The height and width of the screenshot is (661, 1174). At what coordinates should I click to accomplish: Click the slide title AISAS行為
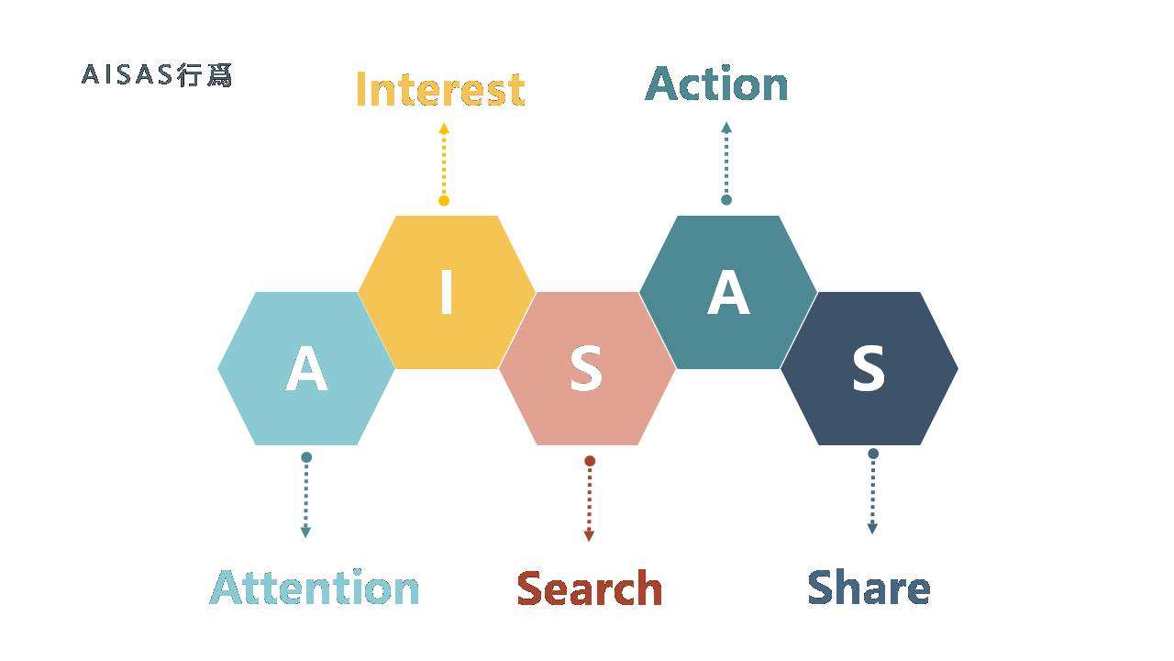[157, 75]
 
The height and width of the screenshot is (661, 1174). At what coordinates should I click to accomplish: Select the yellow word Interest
[440, 89]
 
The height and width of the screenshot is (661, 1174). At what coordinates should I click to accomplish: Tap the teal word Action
[716, 84]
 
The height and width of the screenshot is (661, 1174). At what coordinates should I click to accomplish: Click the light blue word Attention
[314, 587]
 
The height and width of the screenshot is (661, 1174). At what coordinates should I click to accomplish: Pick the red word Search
[590, 588]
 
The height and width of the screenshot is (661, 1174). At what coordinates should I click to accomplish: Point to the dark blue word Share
[869, 587]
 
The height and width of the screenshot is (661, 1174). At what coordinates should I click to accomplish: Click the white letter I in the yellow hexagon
[447, 292]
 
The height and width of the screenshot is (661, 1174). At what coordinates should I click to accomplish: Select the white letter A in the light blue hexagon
[306, 368]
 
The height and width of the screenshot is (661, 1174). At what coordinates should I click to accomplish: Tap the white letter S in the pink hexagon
[586, 368]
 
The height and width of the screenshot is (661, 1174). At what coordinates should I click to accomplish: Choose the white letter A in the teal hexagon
[728, 292]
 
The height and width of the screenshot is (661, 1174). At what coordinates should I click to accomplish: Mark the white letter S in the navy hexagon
[869, 368]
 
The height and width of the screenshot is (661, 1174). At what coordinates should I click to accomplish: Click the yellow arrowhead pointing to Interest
[444, 128]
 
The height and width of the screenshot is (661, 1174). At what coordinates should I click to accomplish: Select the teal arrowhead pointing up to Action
[726, 128]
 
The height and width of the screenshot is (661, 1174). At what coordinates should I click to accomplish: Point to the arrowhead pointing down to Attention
[305, 532]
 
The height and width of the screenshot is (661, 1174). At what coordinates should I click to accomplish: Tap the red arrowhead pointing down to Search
[589, 536]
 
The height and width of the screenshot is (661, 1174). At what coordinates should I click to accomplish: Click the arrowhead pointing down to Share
[872, 529]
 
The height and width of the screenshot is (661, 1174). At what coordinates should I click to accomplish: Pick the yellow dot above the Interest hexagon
[444, 201]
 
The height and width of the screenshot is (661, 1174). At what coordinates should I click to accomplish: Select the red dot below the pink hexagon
[590, 461]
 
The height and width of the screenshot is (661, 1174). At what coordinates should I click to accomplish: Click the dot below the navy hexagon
[873, 454]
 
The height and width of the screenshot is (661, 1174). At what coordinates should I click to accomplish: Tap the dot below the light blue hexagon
[306, 457]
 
